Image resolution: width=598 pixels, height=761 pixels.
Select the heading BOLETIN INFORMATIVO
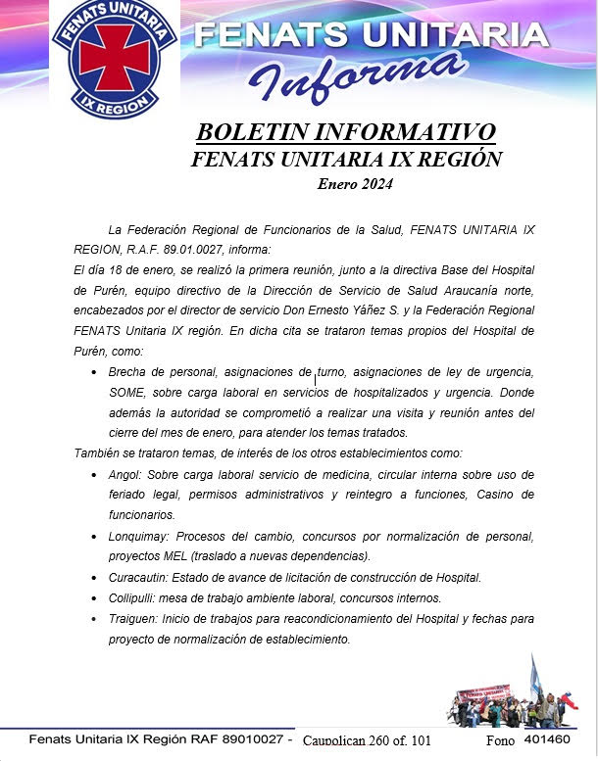(346, 132)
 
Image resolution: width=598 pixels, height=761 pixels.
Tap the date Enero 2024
(354, 183)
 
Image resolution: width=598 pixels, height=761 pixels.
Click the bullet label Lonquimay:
(138, 536)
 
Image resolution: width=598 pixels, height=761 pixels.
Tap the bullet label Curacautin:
(140, 577)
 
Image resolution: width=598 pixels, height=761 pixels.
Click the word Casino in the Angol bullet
(497, 495)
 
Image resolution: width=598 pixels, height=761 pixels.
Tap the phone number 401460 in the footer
(547, 739)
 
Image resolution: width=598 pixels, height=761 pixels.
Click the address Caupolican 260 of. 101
(367, 740)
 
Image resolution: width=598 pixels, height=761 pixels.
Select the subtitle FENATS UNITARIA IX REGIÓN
(346, 159)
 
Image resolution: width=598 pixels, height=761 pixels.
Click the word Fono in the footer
(500, 740)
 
